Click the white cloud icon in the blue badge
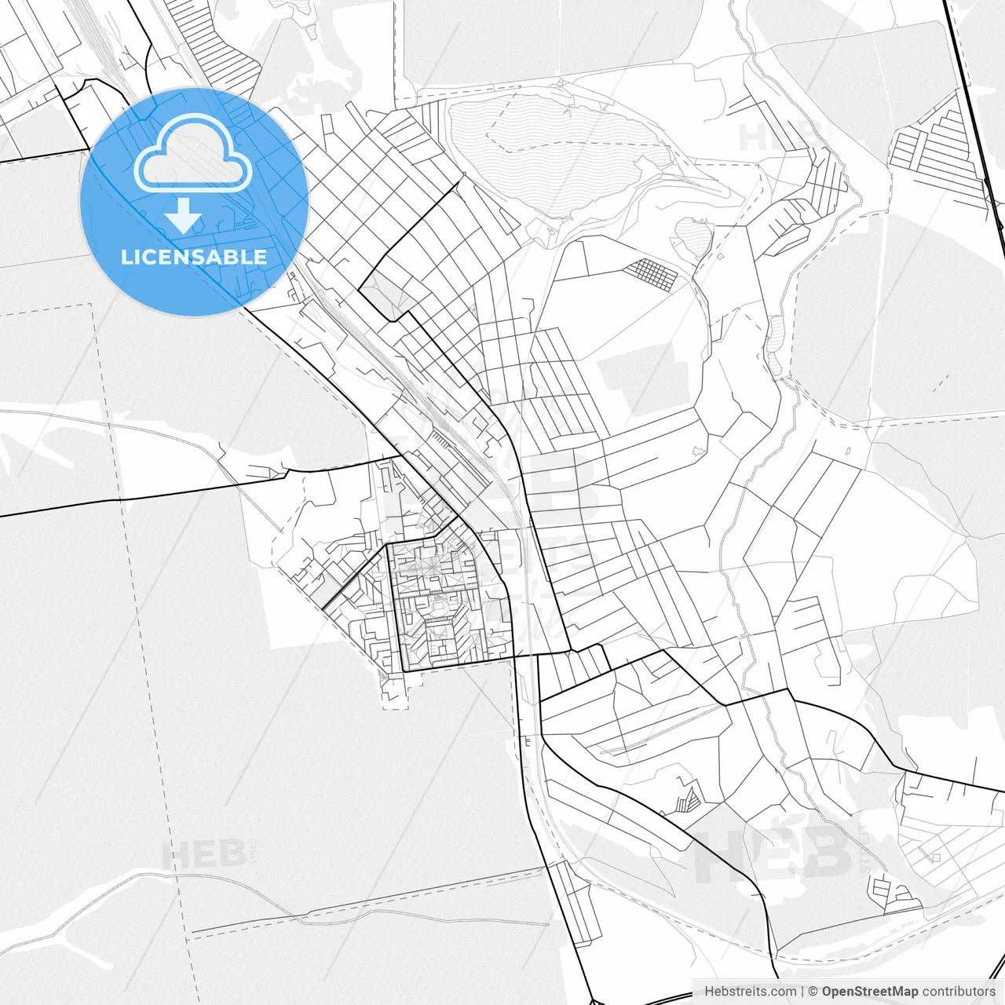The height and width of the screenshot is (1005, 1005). [193, 152]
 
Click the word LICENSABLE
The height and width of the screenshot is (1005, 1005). [194, 257]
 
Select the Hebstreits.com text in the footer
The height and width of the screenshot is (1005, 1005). [750, 992]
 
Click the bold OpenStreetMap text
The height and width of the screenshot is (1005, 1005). [870, 992]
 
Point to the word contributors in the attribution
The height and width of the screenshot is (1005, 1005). [959, 992]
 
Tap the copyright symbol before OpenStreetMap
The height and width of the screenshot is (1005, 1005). [813, 992]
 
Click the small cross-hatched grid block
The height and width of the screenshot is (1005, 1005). [651, 274]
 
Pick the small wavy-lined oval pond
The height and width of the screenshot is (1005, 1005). [693, 235]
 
